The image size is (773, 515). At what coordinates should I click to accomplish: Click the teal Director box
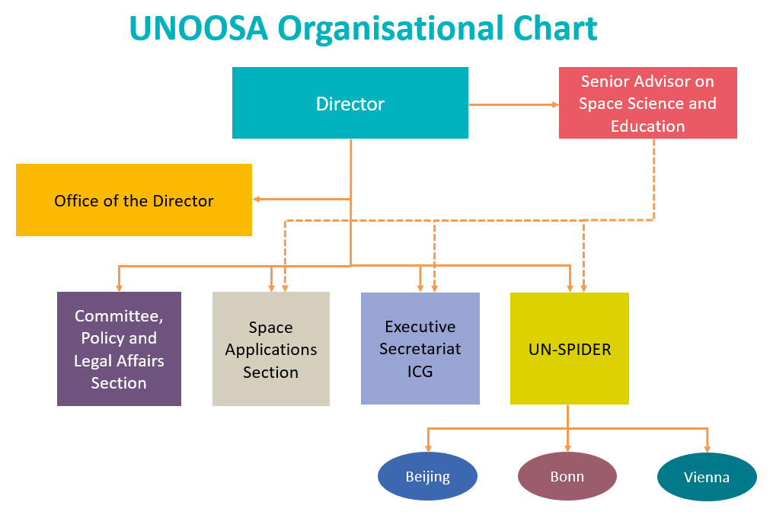coord(350,103)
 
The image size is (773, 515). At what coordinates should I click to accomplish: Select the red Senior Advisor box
coord(648,103)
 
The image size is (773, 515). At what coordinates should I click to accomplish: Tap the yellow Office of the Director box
coord(134,200)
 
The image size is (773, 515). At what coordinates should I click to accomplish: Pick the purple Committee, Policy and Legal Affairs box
coord(120,349)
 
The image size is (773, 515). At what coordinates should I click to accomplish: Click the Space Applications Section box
coord(271,349)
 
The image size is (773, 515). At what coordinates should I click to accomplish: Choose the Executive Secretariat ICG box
coord(420,348)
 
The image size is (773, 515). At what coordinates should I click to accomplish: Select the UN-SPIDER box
coord(570,348)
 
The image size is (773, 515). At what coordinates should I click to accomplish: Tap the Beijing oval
coord(427,476)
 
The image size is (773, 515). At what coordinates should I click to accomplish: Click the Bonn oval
coord(567,476)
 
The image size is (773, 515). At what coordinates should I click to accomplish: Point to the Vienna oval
coord(707,477)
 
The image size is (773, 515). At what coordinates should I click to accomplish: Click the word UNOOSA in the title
coord(199,28)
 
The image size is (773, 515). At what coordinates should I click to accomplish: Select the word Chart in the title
coord(555,28)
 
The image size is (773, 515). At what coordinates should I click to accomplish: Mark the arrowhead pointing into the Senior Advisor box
coord(556,104)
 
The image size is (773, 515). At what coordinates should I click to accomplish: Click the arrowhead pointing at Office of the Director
coord(257,200)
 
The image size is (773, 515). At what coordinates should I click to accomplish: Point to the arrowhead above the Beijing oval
coord(429,449)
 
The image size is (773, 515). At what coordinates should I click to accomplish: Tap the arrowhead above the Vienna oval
coord(708,449)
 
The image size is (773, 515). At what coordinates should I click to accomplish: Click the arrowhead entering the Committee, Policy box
coord(119,288)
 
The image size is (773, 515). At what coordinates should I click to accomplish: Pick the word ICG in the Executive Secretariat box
coord(420,372)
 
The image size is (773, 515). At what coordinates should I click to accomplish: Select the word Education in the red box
coord(648,126)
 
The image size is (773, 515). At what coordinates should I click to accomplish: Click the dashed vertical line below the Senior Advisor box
coord(654,180)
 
